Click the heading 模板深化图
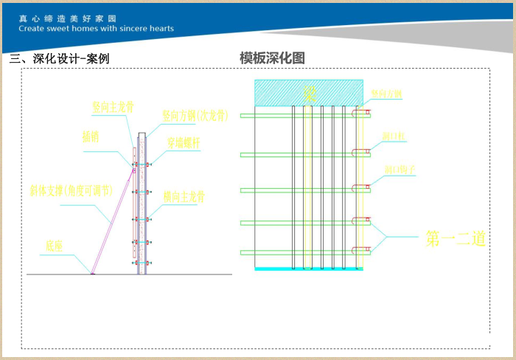272,58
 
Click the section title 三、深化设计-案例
59,59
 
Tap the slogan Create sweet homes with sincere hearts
97,29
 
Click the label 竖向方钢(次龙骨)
195,115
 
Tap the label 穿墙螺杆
183,143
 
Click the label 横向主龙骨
184,197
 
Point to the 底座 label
55,243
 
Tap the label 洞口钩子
400,170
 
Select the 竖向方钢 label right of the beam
387,94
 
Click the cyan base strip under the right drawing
309,269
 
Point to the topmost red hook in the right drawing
361,114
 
